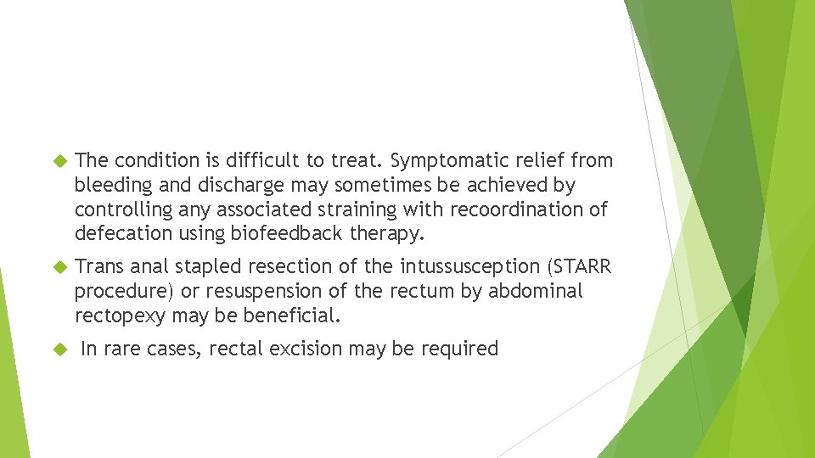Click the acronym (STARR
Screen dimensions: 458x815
(x=581, y=266)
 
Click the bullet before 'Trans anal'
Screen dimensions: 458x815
(x=59, y=267)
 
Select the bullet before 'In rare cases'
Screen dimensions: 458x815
(x=59, y=349)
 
